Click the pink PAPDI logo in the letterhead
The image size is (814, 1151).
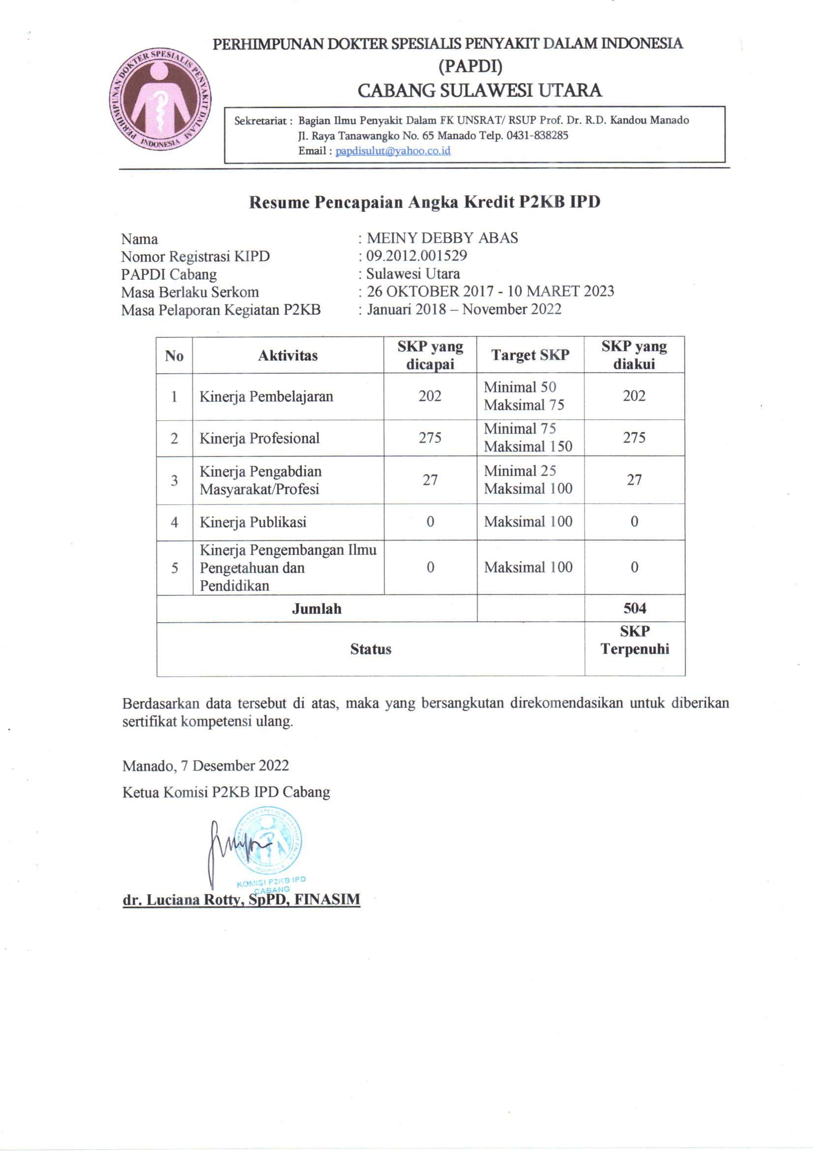(160, 100)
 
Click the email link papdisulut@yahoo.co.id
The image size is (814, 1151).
(392, 151)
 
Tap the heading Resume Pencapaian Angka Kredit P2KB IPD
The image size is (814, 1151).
(425, 202)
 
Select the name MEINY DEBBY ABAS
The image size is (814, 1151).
(442, 238)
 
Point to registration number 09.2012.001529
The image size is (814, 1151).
(416, 256)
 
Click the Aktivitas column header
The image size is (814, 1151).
(288, 355)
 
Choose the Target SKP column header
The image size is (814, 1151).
(530, 355)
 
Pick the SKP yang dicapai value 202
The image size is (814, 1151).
(430, 396)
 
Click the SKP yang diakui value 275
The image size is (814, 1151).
(633, 438)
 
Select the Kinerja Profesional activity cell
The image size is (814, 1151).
(259, 438)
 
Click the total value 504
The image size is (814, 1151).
(634, 608)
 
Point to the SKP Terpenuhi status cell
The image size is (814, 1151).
(634, 640)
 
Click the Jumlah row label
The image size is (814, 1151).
(316, 608)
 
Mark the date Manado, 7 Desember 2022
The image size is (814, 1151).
(206, 766)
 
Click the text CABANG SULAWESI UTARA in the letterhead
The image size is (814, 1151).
(479, 90)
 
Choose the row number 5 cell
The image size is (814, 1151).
(174, 568)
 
